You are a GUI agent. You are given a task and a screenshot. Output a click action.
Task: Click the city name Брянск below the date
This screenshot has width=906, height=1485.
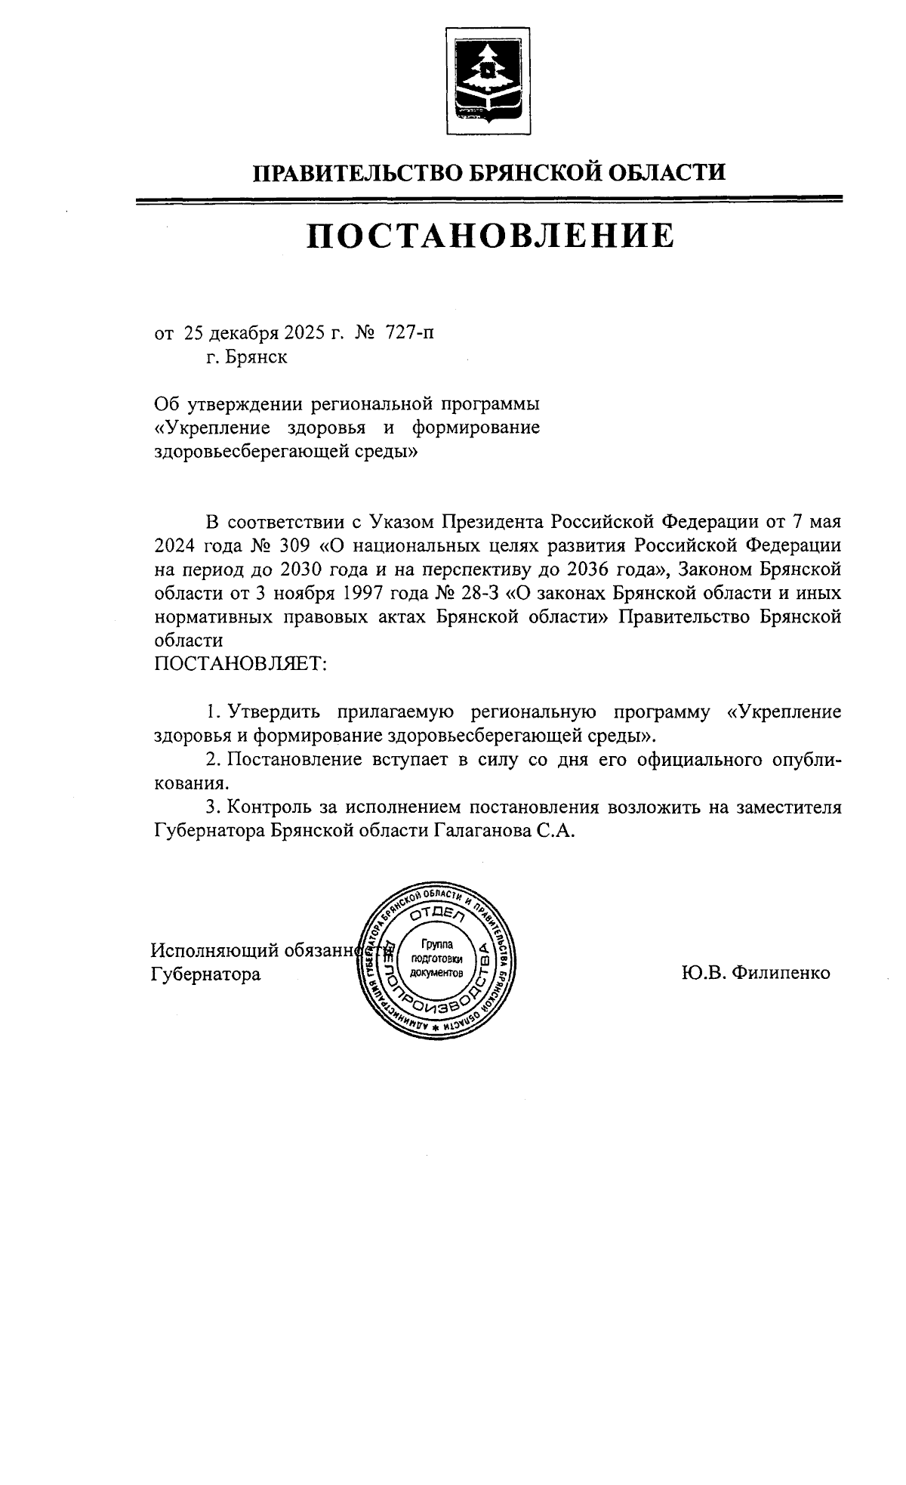[x=256, y=357]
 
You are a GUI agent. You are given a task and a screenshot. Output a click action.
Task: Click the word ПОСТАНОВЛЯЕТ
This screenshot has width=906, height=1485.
[x=240, y=663]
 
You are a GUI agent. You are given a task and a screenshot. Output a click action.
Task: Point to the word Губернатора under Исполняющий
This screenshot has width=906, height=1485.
[x=205, y=974]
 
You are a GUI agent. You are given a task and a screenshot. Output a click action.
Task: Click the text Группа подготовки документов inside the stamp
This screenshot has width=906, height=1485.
[x=436, y=958]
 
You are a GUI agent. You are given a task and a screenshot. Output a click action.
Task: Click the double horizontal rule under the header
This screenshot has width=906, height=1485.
[x=489, y=199]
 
